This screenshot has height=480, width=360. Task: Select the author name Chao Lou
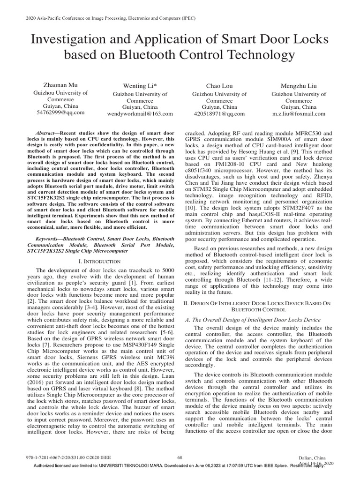point(219,86)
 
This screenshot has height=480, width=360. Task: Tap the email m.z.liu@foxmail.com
point(298,113)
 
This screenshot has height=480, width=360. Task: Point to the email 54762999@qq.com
point(60,112)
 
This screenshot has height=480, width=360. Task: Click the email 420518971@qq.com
point(219,113)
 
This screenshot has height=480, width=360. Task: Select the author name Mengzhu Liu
point(298,86)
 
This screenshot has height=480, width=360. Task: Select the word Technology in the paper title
point(261,55)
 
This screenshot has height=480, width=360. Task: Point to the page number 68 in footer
point(180,457)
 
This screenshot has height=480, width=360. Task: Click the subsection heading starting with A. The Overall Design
point(253,319)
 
